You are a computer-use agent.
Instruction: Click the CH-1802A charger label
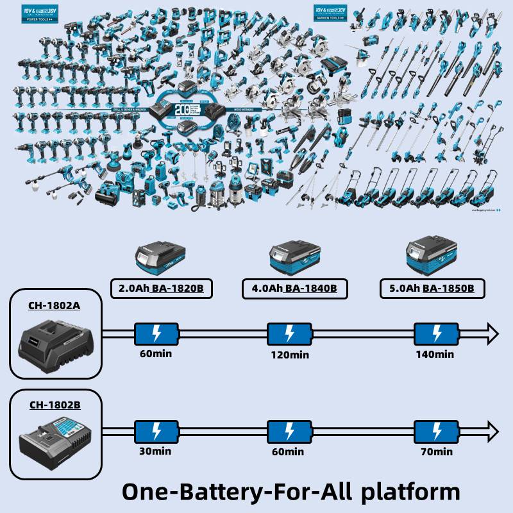click(55, 306)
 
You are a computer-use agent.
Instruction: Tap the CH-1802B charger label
click(55, 405)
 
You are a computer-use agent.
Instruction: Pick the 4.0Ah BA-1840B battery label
click(294, 289)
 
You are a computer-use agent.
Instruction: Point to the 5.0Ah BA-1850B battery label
click(432, 289)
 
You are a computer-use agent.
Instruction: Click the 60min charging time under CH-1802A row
click(156, 353)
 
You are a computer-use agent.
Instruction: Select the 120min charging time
click(289, 355)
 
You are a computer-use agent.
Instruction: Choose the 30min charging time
click(156, 451)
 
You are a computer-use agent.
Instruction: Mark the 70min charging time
click(437, 451)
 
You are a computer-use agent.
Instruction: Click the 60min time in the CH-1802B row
click(289, 451)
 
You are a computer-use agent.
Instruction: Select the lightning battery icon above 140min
click(437, 333)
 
